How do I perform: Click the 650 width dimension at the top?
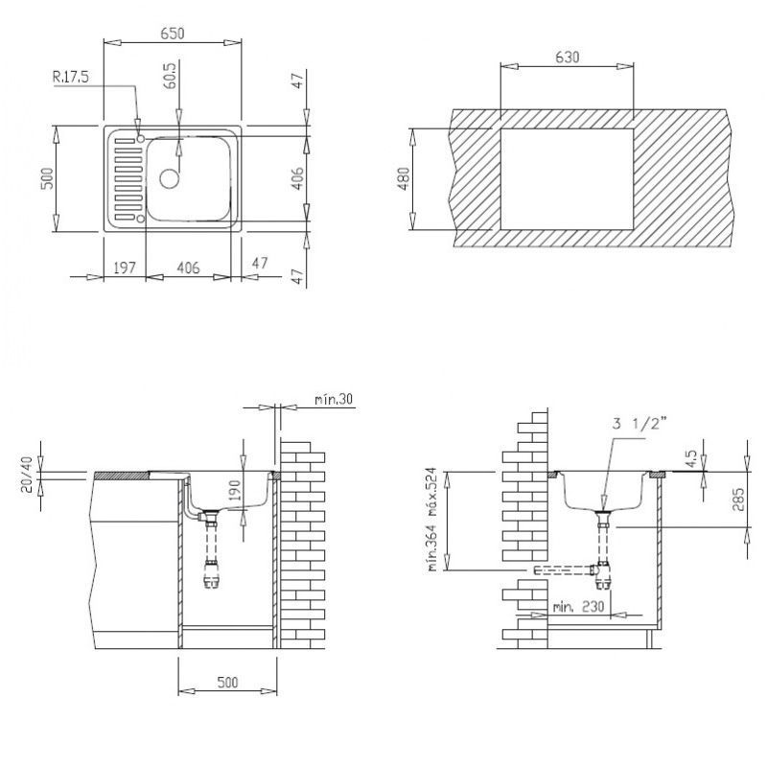[172, 34]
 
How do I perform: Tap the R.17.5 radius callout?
[71, 77]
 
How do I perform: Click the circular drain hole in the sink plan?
[170, 177]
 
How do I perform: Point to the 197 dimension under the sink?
[125, 268]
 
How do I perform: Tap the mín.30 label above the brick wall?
[334, 397]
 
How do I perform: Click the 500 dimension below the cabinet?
[227, 683]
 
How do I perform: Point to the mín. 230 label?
[577, 606]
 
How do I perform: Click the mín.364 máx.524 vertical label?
[433, 523]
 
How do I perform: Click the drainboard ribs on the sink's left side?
[123, 178]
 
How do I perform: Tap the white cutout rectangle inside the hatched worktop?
[566, 178]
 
